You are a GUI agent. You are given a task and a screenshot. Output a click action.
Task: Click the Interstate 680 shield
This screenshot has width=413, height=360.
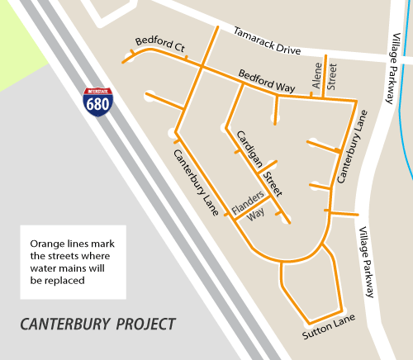[97, 102]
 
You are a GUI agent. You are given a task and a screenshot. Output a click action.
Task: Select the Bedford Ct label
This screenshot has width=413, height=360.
[159, 46]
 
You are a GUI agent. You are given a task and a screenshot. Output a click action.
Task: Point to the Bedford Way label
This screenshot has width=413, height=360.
[267, 85]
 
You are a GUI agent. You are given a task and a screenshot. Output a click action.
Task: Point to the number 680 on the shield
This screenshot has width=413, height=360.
[97, 105]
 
